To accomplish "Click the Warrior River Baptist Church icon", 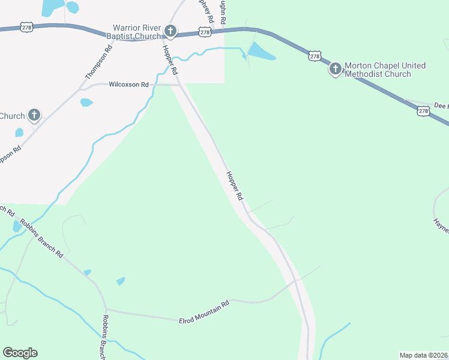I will pyautogui.click(x=170, y=31).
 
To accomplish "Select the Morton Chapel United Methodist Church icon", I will pyautogui.click(x=335, y=70).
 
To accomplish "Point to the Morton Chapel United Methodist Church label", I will pyautogui.click(x=378, y=70).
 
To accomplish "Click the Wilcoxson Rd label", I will pyautogui.click(x=128, y=85).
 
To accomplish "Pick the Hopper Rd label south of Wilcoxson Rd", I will pyautogui.click(x=235, y=186).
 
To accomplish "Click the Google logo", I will pyautogui.click(x=20, y=353).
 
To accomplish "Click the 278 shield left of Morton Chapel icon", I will pyautogui.click(x=315, y=56).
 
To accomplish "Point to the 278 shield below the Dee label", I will pyautogui.click(x=424, y=111).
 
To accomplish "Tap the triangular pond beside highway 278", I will pyautogui.click(x=259, y=52).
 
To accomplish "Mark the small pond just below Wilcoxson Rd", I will pyautogui.click(x=87, y=102).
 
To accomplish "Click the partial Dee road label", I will pyautogui.click(x=440, y=106).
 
